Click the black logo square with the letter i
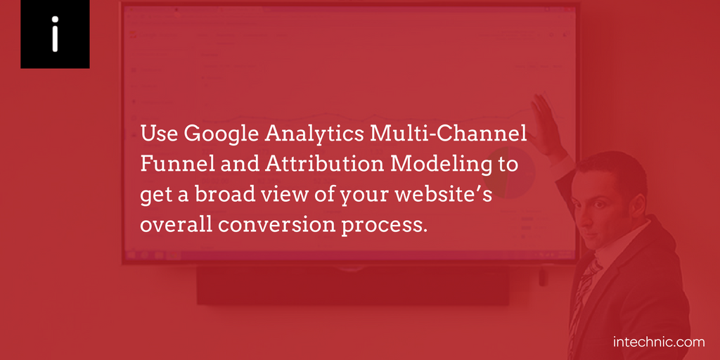click(55, 34)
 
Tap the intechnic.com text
click(659, 342)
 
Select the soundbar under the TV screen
click(353, 285)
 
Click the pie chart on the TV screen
click(510, 173)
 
